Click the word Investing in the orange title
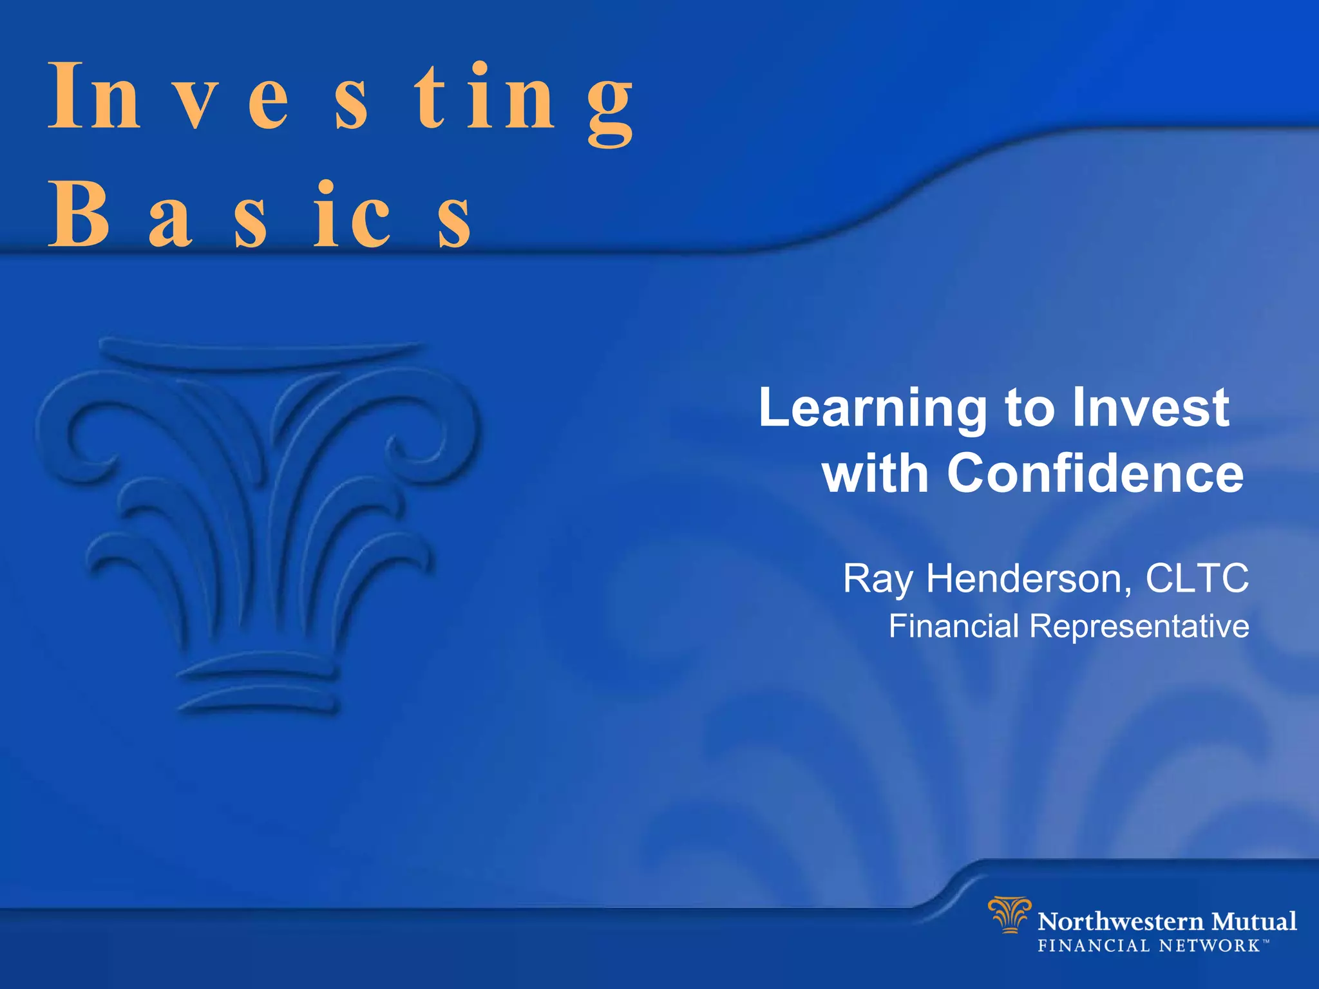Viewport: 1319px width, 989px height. (341, 97)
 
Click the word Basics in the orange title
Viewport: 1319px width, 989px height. (260, 216)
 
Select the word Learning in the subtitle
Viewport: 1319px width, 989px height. (873, 409)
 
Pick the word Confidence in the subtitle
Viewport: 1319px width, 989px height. (1095, 473)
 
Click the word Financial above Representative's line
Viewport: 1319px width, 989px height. (953, 626)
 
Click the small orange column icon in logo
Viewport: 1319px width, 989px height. (1009, 914)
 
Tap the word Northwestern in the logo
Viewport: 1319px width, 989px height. (1121, 922)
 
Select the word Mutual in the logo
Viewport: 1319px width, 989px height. (1254, 921)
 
